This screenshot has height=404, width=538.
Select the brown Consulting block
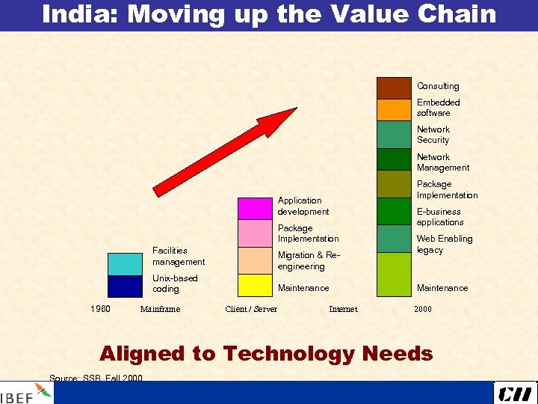click(x=394, y=88)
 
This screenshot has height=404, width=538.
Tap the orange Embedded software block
click(x=394, y=109)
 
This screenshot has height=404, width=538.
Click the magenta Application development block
click(x=255, y=208)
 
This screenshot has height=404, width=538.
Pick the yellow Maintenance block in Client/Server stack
click(x=255, y=286)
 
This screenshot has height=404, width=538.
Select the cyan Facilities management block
click(x=125, y=264)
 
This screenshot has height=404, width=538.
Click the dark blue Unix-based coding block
click(x=125, y=287)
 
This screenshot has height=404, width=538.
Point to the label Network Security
click(x=433, y=135)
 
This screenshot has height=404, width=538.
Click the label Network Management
click(x=443, y=162)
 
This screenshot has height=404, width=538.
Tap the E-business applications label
click(x=440, y=217)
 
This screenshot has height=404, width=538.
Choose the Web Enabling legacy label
click(x=445, y=244)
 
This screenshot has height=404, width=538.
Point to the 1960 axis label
click(x=100, y=308)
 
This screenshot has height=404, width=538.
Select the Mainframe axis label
click(x=160, y=309)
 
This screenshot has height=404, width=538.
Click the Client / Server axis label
click(x=251, y=309)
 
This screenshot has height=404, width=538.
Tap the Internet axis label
click(x=343, y=309)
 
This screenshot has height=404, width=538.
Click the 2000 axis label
click(x=422, y=309)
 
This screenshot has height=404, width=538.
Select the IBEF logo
click(x=26, y=394)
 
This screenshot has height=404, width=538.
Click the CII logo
click(x=515, y=393)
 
